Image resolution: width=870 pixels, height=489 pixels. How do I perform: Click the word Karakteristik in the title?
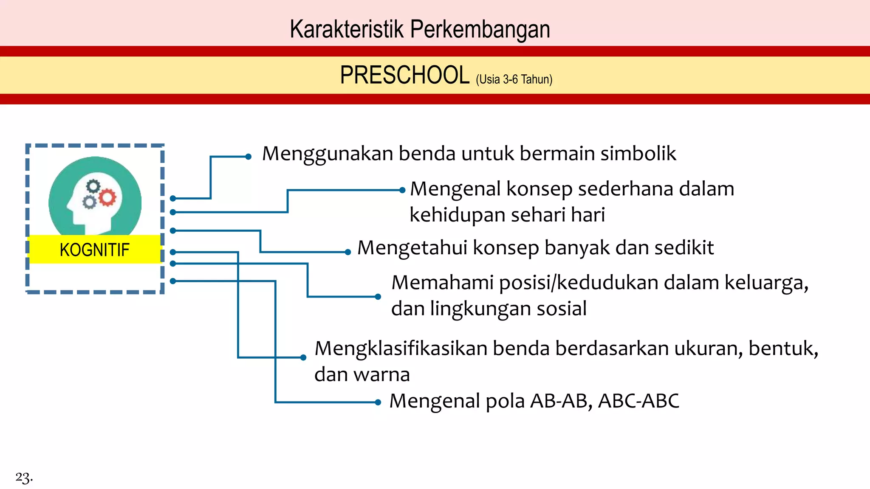(x=346, y=30)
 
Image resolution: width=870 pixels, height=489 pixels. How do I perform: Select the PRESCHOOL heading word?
(x=404, y=76)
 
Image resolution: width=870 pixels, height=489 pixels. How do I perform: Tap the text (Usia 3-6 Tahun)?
(x=514, y=79)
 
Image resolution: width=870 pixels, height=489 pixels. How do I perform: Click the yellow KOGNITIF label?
(x=94, y=250)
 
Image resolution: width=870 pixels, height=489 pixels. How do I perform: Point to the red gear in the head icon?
(x=107, y=197)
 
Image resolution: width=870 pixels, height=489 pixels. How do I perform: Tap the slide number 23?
(x=24, y=477)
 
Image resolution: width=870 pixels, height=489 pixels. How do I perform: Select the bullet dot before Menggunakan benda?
(x=249, y=157)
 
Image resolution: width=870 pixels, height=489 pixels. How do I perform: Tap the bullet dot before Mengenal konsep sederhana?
(x=402, y=190)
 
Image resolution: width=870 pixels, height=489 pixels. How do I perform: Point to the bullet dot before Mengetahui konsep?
(x=348, y=252)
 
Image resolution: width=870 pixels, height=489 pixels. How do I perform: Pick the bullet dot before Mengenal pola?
(x=378, y=402)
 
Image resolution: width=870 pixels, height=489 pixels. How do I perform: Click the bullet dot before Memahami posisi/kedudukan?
(x=378, y=297)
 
